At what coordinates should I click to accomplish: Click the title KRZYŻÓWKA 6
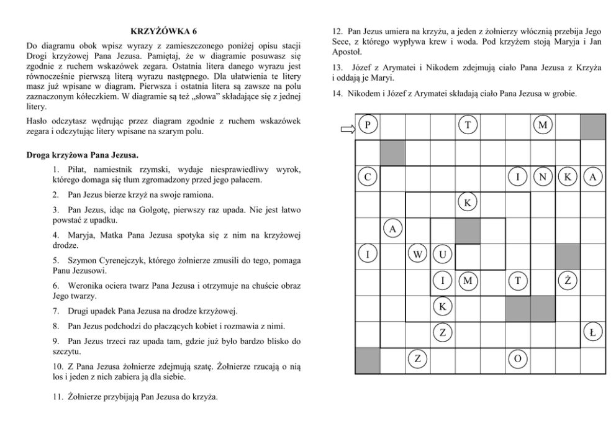165,31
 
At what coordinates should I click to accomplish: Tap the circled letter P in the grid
368,126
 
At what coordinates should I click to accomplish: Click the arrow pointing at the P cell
346,129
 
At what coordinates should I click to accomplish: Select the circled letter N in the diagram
543,178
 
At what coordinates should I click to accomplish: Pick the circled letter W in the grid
417,254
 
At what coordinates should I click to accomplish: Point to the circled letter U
442,254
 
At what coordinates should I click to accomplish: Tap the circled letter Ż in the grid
568,281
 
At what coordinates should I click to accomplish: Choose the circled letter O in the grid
517,358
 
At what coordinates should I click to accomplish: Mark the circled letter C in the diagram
368,178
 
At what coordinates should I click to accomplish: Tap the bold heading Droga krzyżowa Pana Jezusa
83,154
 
